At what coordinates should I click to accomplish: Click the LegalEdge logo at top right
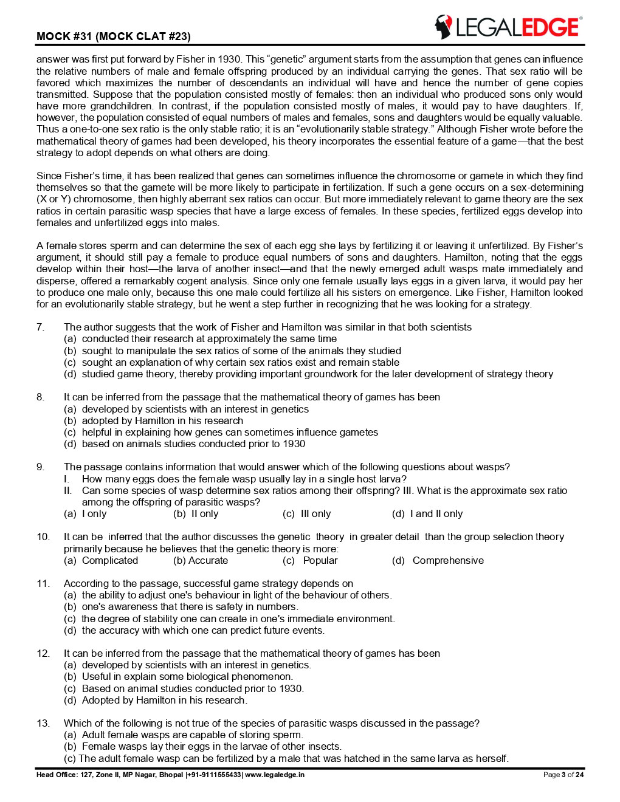[x=508, y=27]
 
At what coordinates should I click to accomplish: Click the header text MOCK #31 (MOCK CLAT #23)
[x=114, y=36]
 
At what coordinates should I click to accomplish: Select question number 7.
[x=40, y=327]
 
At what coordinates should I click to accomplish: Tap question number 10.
[x=43, y=536]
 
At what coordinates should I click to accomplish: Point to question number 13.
[x=43, y=723]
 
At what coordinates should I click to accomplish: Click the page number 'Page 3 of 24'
[x=563, y=775]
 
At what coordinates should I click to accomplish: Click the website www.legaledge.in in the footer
[x=274, y=775]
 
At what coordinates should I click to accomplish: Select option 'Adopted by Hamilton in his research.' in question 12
[x=164, y=700]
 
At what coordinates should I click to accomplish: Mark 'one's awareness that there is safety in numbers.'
[x=190, y=606]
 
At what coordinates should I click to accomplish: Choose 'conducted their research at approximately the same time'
[x=209, y=338]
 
